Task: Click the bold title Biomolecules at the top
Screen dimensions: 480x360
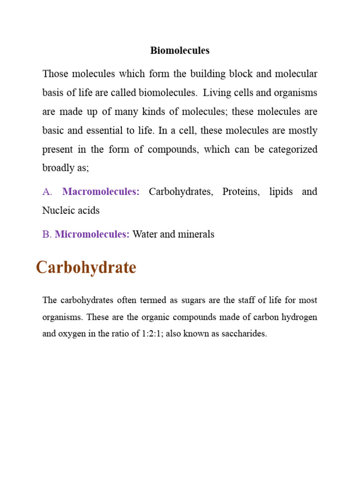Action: click(x=180, y=51)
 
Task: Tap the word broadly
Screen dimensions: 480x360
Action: click(x=59, y=168)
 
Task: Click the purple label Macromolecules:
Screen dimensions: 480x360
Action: click(x=101, y=192)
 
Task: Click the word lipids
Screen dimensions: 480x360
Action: click(x=281, y=192)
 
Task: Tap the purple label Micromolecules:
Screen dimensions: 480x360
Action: click(x=92, y=234)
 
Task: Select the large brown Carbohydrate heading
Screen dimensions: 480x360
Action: click(x=86, y=268)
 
